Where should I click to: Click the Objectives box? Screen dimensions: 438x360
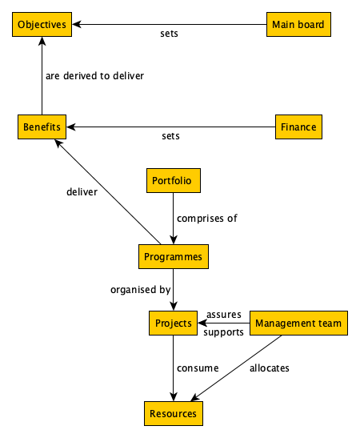click(42, 25)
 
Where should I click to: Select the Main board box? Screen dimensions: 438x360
click(298, 25)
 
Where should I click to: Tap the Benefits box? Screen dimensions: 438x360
click(42, 127)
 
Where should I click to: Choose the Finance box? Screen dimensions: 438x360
click(298, 127)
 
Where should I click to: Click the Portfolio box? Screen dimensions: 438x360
click(172, 180)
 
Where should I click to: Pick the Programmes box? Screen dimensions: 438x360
click(173, 257)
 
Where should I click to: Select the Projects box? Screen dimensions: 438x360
click(172, 323)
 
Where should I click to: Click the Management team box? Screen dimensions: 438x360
click(298, 323)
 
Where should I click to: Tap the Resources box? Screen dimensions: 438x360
click(173, 413)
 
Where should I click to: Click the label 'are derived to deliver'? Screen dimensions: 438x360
click(94, 76)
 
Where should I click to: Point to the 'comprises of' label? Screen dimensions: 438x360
click(207, 218)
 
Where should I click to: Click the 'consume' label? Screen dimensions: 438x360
click(198, 368)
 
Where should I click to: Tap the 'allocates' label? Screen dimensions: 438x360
click(269, 368)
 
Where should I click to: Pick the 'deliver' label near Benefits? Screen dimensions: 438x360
click(82, 192)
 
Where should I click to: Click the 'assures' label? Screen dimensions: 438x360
click(224, 314)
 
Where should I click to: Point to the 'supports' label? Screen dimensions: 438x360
click(223, 332)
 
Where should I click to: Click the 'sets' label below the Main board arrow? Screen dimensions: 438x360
click(169, 34)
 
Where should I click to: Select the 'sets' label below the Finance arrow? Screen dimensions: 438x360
click(170, 136)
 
